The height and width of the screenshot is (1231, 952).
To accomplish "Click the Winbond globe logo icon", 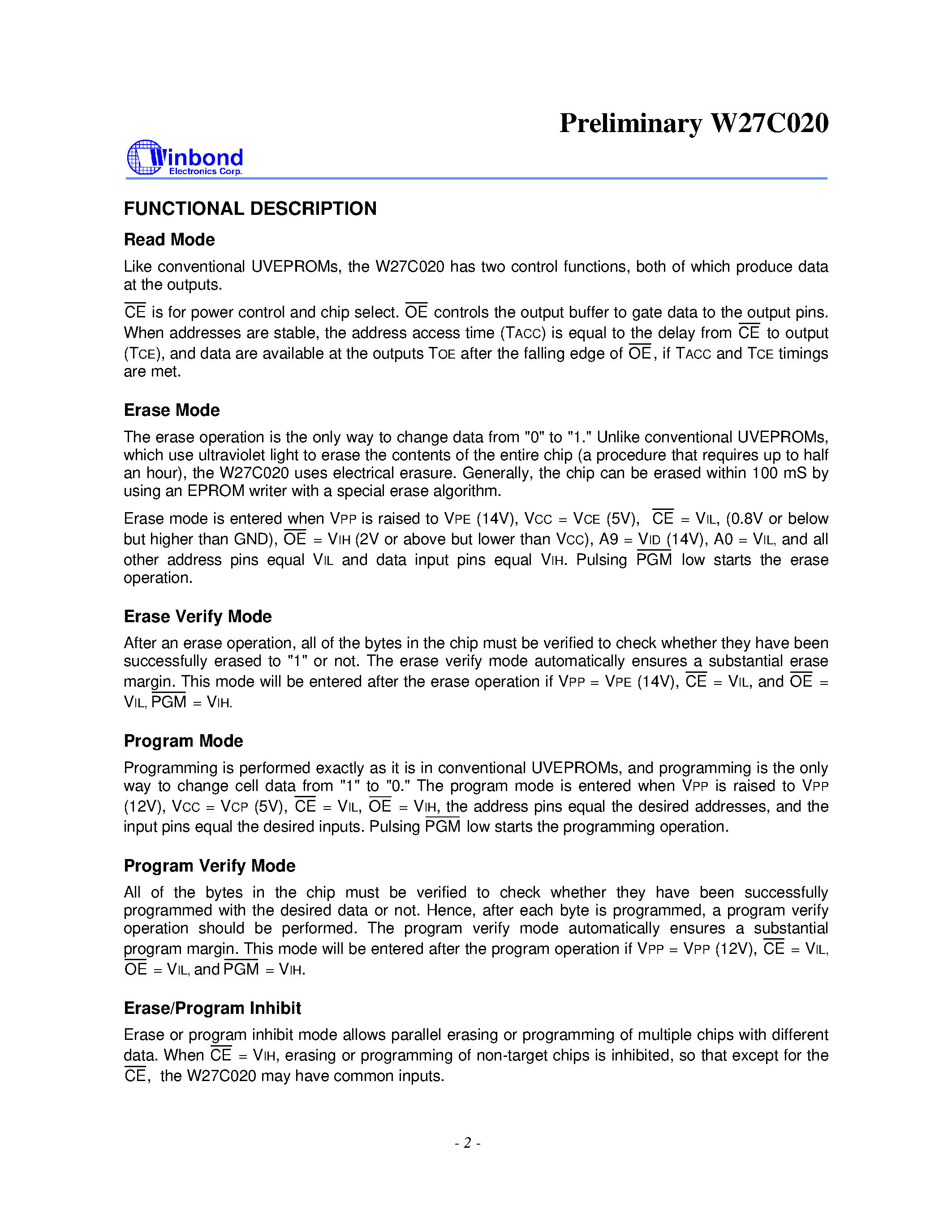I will coord(144,157).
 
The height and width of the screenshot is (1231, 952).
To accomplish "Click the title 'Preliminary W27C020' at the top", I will coord(693,123).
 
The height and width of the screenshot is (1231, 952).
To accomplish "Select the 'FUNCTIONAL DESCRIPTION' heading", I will coord(250,209).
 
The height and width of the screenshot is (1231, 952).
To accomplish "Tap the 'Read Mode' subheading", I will coord(169,239).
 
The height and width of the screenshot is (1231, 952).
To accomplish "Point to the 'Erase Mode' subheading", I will coord(172,410).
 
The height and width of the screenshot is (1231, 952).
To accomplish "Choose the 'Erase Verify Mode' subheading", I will coord(198,616).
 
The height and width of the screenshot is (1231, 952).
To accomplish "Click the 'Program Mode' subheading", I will coord(183,741).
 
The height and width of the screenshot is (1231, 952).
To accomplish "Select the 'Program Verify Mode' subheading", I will coord(209,865).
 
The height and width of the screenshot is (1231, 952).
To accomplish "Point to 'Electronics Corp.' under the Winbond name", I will coord(205,171).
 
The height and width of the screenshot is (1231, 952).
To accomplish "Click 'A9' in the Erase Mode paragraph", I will coord(608,539).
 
